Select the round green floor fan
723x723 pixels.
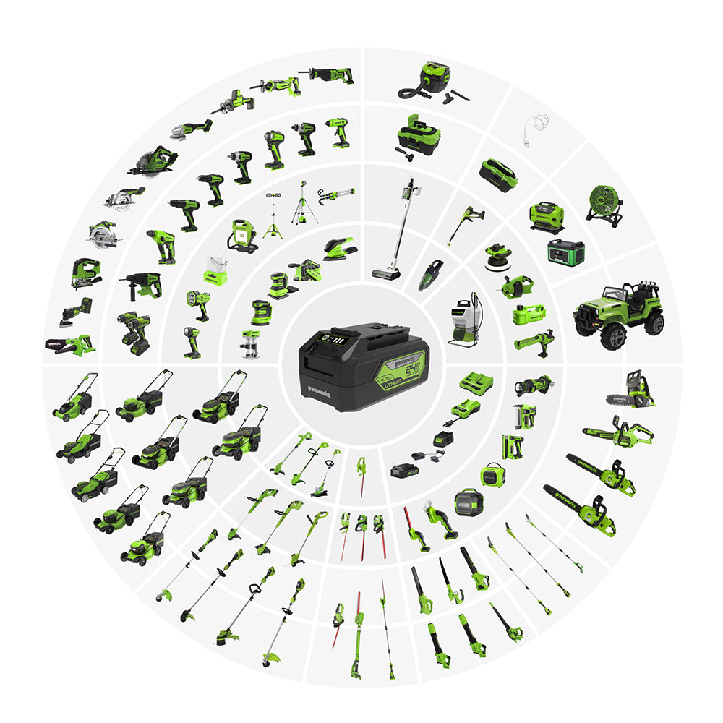coord(604,200)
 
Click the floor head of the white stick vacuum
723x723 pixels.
coord(387,273)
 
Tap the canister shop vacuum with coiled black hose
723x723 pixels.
coord(427,82)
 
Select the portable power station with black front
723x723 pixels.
coord(565,252)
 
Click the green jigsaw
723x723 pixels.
coord(85,273)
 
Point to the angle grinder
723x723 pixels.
coord(192,129)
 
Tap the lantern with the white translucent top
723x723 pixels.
coord(215,268)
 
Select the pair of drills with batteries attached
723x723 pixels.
coord(134,333)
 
